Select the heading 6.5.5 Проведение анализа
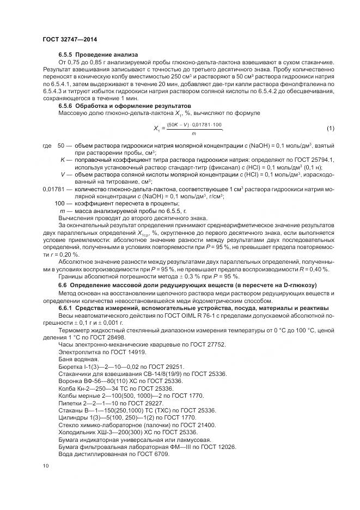98,55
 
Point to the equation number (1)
330,128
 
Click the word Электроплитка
76,352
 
